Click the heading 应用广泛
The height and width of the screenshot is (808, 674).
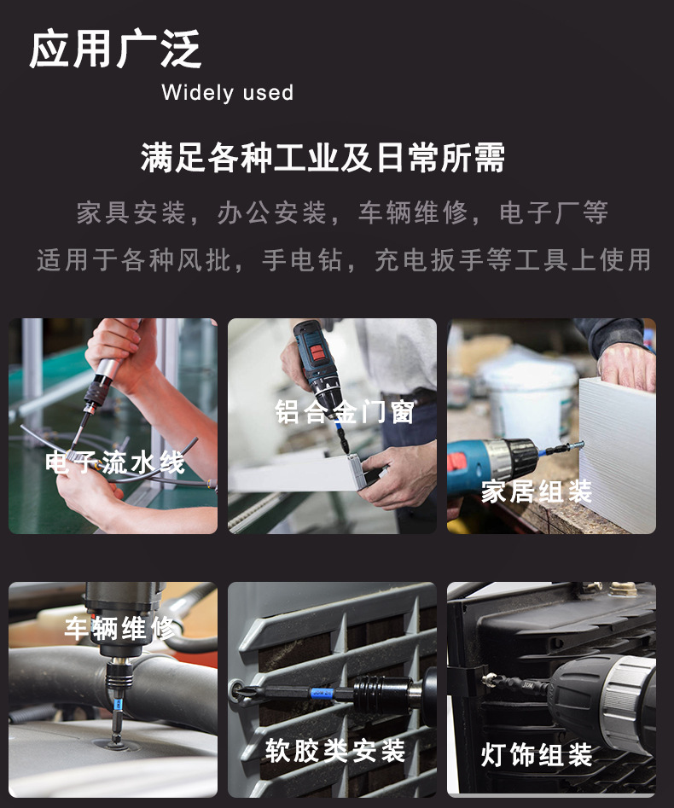pyautogui.click(x=116, y=49)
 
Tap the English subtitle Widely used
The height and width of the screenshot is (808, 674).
pyautogui.click(x=227, y=93)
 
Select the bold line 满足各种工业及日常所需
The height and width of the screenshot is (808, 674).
pyautogui.click(x=323, y=159)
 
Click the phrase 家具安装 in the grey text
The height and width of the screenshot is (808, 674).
pyautogui.click(x=131, y=212)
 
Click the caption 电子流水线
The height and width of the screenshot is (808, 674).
pyautogui.click(x=114, y=462)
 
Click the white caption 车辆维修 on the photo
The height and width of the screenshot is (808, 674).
pyautogui.click(x=122, y=630)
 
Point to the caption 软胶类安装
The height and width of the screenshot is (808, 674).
pyautogui.click(x=334, y=751)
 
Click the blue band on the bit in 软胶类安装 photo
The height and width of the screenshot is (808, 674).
pyautogui.click(x=321, y=695)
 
